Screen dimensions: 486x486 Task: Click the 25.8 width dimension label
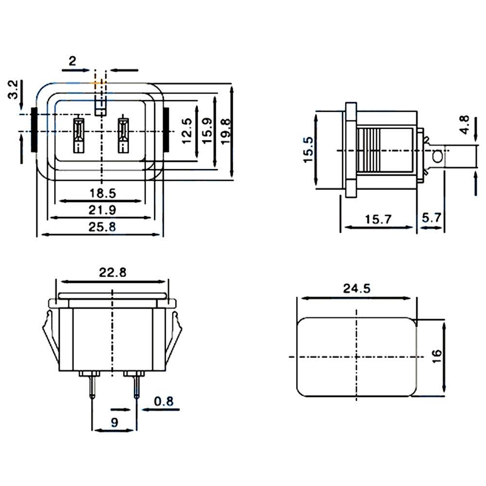pyautogui.click(x=102, y=227)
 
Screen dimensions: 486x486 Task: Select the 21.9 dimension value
pyautogui.click(x=102, y=210)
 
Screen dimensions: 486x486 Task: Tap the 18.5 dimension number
pyautogui.click(x=103, y=193)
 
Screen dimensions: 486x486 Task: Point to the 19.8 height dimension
pyautogui.click(x=226, y=131)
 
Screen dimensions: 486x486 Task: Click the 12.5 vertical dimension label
pyautogui.click(x=187, y=131)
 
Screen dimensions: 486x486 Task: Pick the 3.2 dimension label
pyautogui.click(x=13, y=89)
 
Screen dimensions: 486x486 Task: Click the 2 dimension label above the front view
pyautogui.click(x=72, y=61)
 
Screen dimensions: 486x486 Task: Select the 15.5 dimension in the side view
pyautogui.click(x=309, y=150)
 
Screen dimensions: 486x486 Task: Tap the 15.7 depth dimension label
pyautogui.click(x=378, y=220)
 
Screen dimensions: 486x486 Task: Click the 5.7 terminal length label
pyautogui.click(x=431, y=218)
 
